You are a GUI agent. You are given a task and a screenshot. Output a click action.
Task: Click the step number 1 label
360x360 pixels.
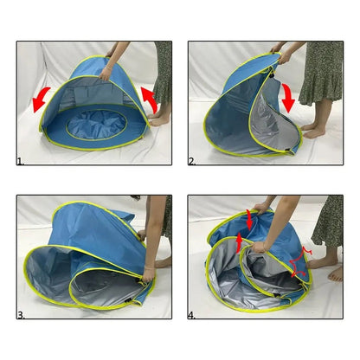[20, 162]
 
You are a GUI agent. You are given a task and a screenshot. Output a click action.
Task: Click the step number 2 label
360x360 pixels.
[192, 162]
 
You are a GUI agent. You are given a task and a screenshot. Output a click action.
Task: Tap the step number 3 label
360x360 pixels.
[21, 316]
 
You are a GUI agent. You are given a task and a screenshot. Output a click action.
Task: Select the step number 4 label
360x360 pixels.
[192, 316]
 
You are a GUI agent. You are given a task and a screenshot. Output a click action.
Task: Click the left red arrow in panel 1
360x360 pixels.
[41, 99]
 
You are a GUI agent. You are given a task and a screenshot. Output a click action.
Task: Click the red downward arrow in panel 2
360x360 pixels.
[288, 98]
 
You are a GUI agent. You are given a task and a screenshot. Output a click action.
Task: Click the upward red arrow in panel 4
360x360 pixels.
[239, 243]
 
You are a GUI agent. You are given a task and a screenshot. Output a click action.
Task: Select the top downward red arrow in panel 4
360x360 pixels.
[249, 220]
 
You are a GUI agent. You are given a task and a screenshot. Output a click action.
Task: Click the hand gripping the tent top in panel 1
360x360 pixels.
[105, 74]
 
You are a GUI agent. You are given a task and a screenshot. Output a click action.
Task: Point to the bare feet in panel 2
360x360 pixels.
[312, 131]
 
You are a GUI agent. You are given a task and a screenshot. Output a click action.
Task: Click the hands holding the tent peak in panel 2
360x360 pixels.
[279, 55]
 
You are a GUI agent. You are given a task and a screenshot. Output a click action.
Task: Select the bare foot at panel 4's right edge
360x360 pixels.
[337, 274]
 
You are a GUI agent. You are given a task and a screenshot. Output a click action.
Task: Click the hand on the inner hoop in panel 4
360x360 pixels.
[259, 247]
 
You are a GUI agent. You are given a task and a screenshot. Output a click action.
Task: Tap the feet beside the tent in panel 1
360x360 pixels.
[158, 119]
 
